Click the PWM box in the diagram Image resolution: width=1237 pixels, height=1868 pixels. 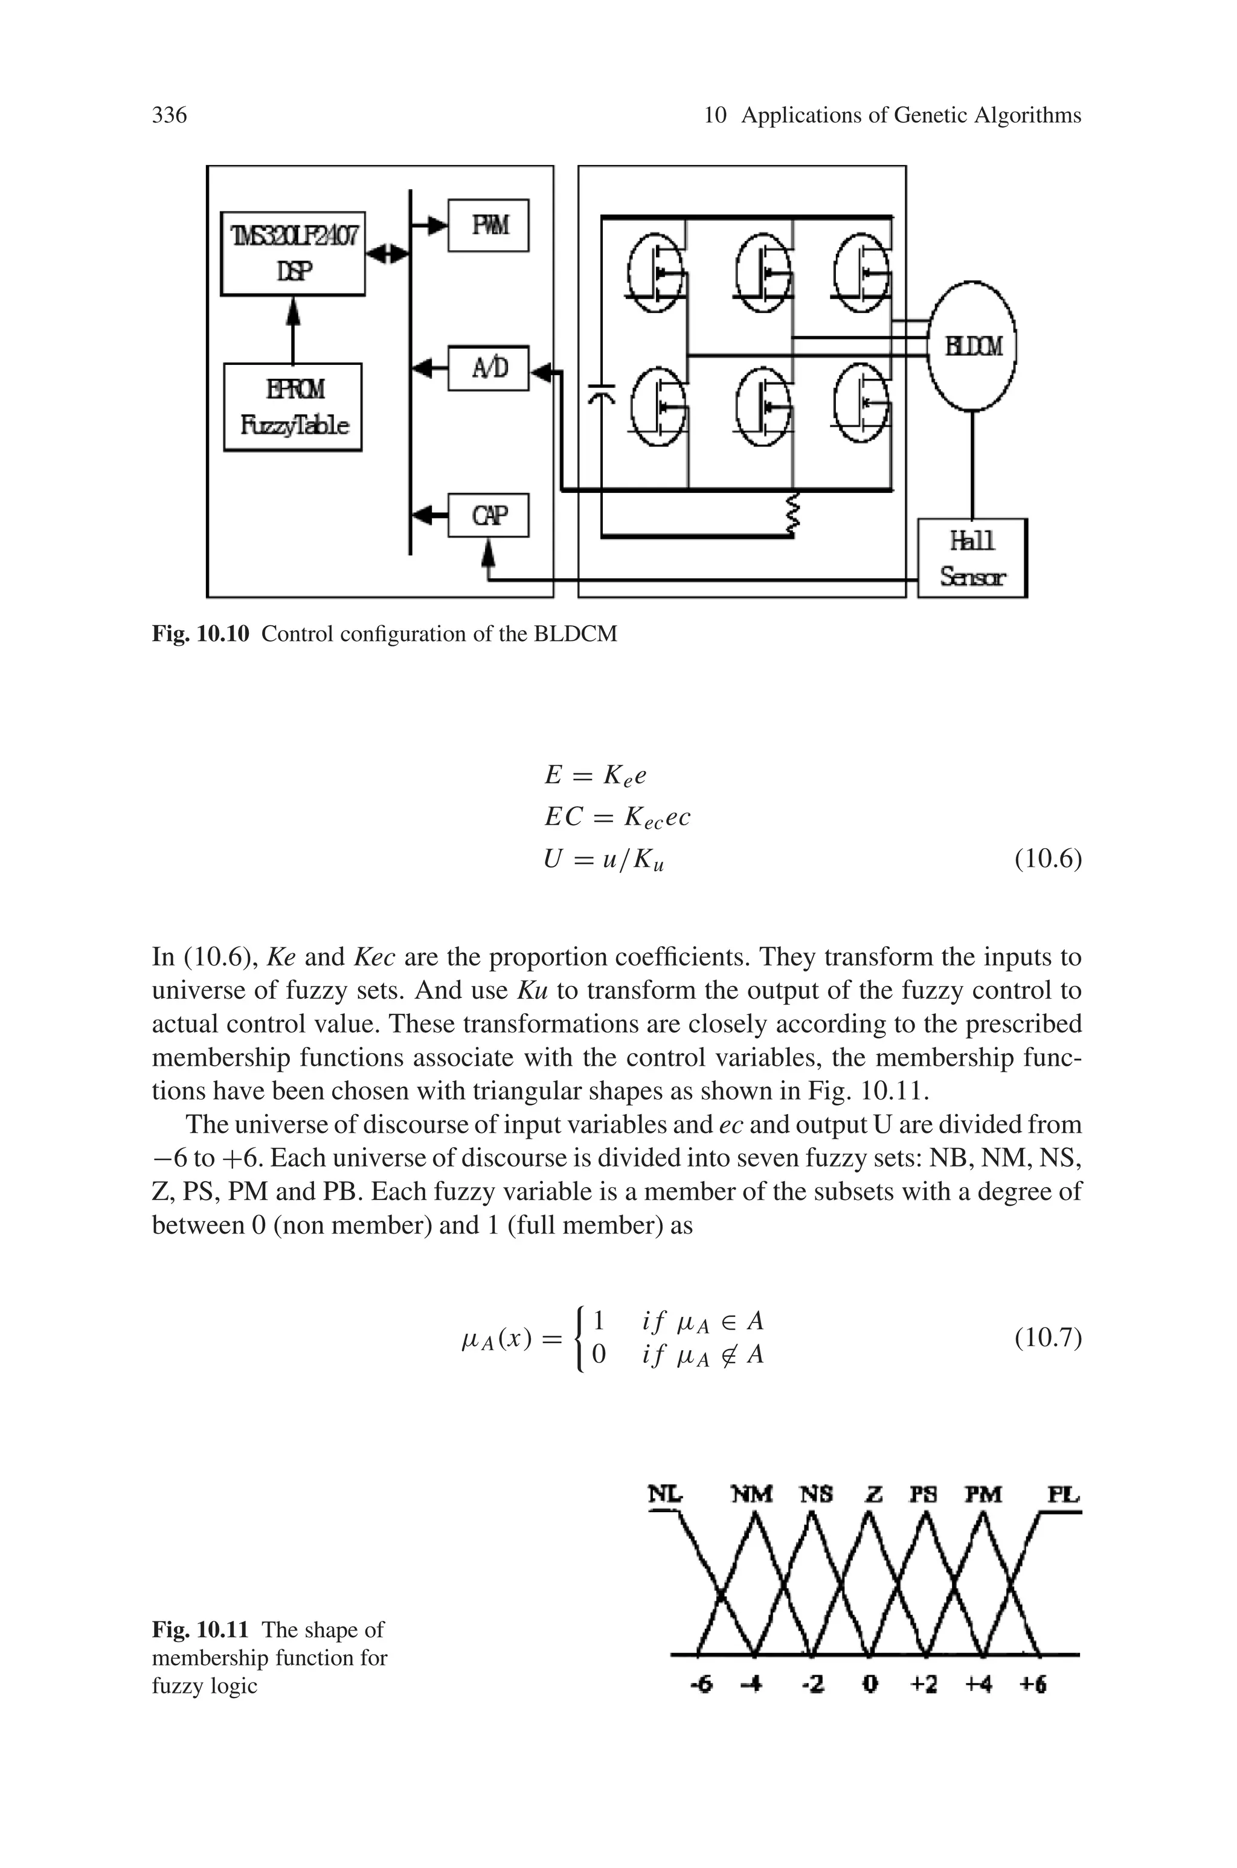point(488,225)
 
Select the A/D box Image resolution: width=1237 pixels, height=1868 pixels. point(488,367)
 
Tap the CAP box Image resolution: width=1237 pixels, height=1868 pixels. point(488,515)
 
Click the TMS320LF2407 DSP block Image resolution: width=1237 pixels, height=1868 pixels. point(293,253)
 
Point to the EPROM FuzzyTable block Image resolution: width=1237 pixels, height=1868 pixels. point(293,407)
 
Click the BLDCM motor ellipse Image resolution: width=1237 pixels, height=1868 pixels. point(972,346)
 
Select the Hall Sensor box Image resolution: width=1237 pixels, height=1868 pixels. point(972,558)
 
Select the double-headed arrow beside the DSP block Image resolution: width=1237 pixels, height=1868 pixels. point(388,254)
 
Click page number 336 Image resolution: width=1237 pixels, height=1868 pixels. point(169,115)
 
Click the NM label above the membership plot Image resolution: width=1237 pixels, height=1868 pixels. point(752,1494)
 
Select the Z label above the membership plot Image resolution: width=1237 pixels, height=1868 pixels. point(874,1494)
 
